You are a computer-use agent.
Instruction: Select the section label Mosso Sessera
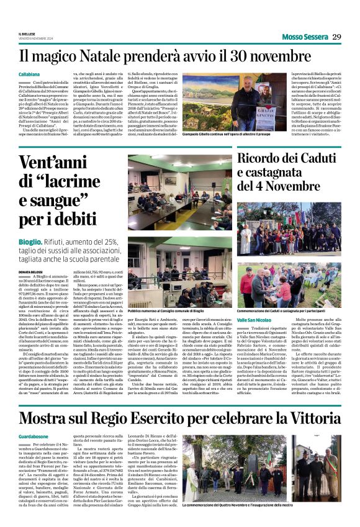pos(299,37)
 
